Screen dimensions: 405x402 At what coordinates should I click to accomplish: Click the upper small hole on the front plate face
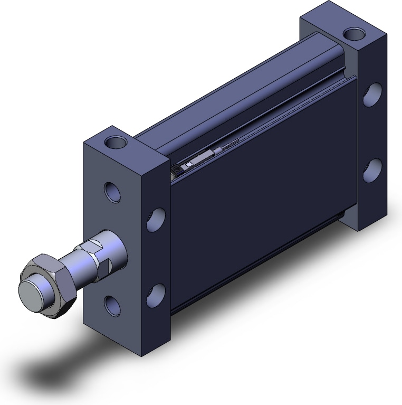pos(112,191)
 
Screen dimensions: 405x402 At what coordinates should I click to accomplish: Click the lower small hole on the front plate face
pos(112,306)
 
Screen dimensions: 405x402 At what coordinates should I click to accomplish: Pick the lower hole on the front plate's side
pos(155,295)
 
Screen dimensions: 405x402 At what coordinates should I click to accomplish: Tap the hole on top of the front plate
pos(116,142)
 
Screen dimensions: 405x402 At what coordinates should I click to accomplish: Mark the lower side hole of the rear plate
pos(372,170)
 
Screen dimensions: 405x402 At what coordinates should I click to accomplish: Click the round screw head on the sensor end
pos(176,169)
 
